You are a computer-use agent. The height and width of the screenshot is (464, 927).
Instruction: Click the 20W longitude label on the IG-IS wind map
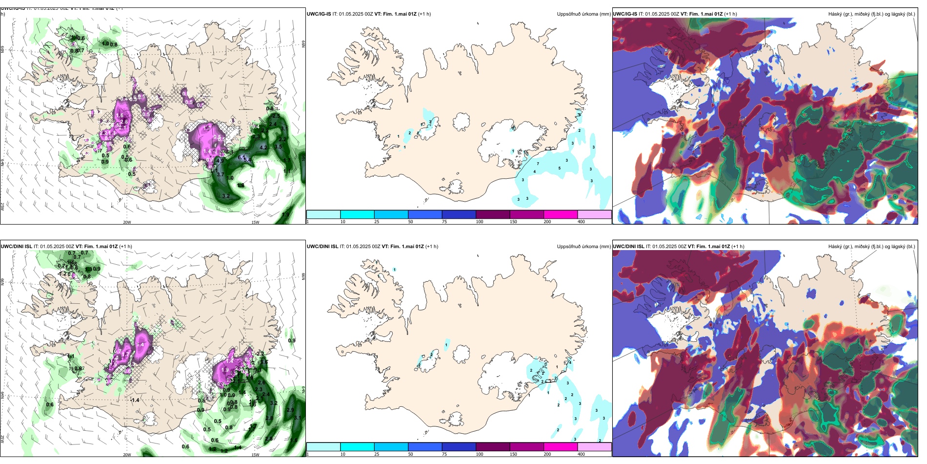127,222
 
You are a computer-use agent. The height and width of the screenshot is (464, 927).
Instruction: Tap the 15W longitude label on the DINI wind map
255,455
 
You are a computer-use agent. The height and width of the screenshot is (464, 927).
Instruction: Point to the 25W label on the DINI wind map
2,439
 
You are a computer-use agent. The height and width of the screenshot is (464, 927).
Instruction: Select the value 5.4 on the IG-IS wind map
247,160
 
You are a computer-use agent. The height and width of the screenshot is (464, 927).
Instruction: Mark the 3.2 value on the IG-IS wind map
226,196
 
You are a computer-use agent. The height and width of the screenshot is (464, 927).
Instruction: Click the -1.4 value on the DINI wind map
134,400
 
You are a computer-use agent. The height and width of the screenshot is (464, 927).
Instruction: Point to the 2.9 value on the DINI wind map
290,410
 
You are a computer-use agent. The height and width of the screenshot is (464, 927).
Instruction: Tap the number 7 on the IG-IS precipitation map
538,164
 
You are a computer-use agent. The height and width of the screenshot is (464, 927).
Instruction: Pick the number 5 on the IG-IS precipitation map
559,169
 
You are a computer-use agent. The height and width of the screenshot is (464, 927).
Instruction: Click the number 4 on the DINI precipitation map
570,362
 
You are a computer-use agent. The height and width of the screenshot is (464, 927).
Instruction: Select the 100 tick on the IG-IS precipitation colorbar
480,222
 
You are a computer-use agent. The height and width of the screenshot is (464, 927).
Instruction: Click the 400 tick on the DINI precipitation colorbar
581,454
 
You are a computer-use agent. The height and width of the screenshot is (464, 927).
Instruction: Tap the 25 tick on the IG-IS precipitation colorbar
377,222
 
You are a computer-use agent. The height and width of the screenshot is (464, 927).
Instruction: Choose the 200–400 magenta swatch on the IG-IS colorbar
561,214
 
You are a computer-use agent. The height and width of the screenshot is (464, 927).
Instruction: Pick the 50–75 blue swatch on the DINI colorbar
424,447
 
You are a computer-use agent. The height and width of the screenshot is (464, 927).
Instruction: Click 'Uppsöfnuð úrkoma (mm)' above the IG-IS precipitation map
584,14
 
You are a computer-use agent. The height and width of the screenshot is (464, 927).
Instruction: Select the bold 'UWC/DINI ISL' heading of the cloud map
628,247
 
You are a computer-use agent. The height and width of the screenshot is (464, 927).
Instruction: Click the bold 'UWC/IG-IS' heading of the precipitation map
319,14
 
